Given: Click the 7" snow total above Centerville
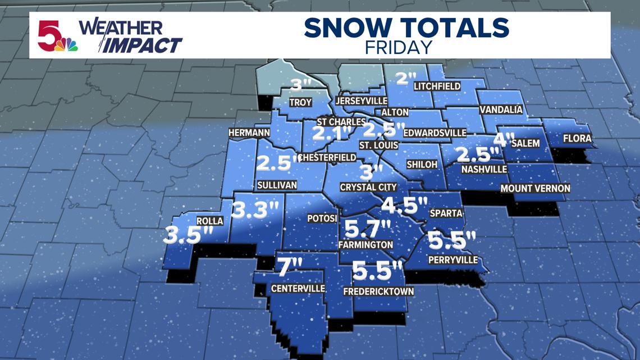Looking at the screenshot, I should pyautogui.click(x=290, y=267).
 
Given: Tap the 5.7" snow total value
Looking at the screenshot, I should pyautogui.click(x=367, y=229).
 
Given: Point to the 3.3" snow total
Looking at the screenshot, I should pyautogui.click(x=255, y=211).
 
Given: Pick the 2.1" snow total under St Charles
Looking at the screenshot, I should pyautogui.click(x=331, y=134).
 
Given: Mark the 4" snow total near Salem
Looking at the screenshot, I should pyautogui.click(x=504, y=139).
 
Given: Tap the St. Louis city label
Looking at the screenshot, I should pyautogui.click(x=379, y=145).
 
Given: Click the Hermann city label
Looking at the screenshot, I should pyautogui.click(x=249, y=133).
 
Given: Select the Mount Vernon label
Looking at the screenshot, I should pyautogui.click(x=535, y=189).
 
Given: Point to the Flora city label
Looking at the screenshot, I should pyautogui.click(x=577, y=138).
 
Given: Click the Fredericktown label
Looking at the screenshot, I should pyautogui.click(x=379, y=291).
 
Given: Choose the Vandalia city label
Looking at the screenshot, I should pyautogui.click(x=501, y=110).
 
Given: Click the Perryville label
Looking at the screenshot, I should pyautogui.click(x=452, y=259).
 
